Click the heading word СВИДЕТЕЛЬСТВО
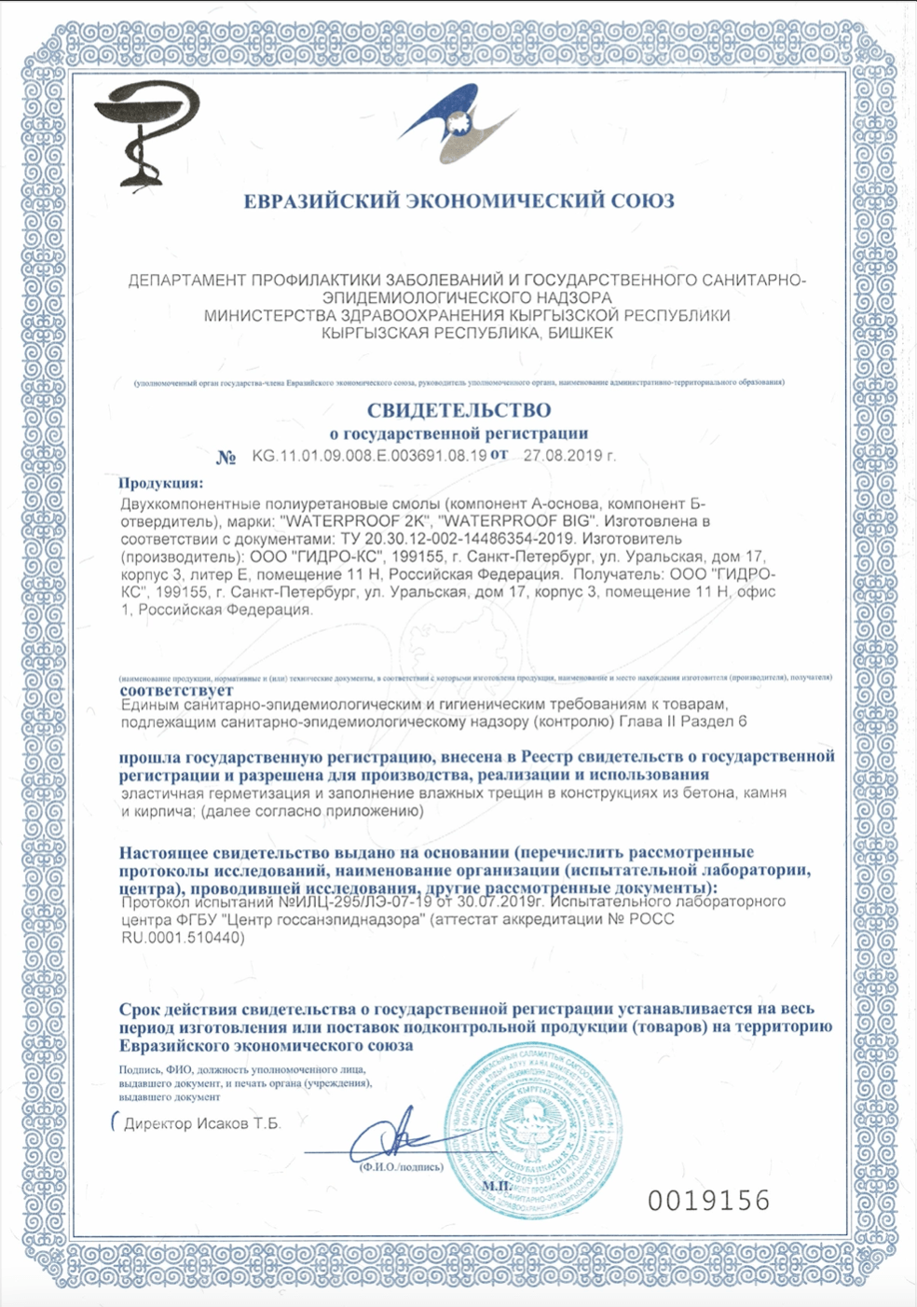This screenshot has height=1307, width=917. [x=458, y=410]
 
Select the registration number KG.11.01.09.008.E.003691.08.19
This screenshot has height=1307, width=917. [x=369, y=456]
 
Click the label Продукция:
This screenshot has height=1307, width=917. [x=160, y=483]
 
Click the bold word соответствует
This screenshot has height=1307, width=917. [x=177, y=691]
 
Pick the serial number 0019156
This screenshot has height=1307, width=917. [x=709, y=1200]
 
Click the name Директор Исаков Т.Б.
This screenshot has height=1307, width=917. [x=201, y=1123]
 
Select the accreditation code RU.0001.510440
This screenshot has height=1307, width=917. [x=184, y=938]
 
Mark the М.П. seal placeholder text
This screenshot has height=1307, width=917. [x=496, y=1185]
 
